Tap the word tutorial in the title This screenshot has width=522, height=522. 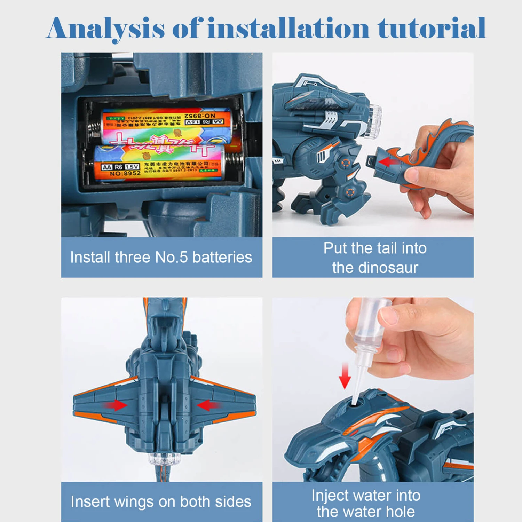[432, 29]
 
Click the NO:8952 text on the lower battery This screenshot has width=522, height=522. [125, 173]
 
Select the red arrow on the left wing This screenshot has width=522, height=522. [115, 405]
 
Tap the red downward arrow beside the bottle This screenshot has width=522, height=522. [345, 376]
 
